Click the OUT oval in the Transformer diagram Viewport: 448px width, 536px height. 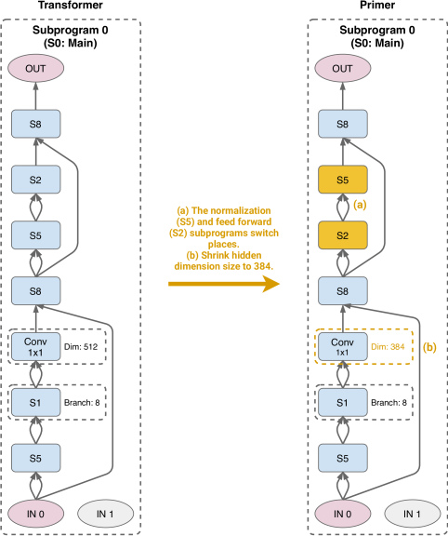pos(36,68)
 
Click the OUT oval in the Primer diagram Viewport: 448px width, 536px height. pos(342,68)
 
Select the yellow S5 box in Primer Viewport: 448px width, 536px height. pos(343,180)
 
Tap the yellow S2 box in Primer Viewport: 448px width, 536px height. pos(343,235)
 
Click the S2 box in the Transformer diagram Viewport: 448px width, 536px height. pos(36,180)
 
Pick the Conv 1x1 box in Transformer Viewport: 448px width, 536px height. pos(36,346)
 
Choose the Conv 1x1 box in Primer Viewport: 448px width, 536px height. pos(343,346)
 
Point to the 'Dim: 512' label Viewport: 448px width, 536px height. pos(81,346)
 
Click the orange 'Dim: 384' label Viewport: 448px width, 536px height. pos(388,346)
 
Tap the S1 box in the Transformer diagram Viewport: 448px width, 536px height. pos(36,402)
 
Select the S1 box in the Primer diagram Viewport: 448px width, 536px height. pos(343,402)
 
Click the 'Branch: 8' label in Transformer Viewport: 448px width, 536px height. pos(82,402)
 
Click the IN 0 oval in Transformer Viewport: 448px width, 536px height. pos(36,514)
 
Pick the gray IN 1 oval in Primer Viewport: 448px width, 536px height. pos(413,514)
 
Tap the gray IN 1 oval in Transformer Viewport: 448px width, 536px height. pos(106,514)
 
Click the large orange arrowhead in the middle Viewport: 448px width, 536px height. pos(271,284)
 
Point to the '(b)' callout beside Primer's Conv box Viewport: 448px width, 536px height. pos(429,347)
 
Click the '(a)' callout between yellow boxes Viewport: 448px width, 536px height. pos(360,205)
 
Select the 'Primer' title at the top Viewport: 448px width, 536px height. pos(377,6)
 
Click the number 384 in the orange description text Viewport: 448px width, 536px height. pos(263,266)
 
